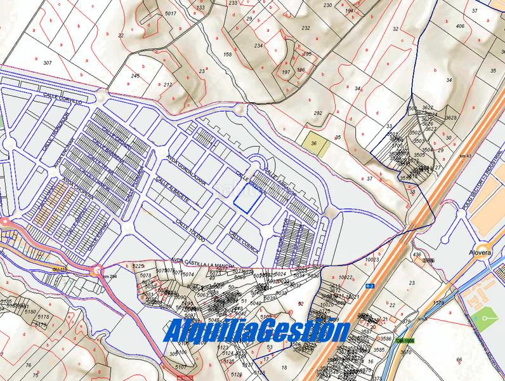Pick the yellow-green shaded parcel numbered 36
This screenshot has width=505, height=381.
coord(315,143)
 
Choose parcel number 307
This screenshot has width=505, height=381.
coord(47,63)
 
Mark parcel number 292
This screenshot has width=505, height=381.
coord(318,113)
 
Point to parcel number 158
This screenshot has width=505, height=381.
coord(228,55)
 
